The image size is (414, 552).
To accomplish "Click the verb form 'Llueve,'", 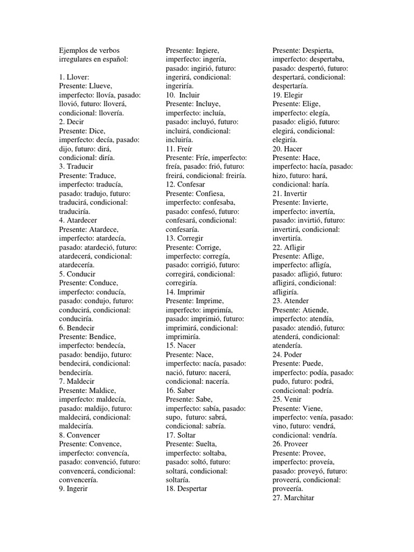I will [x=101, y=86].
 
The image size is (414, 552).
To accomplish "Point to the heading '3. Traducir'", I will [x=77, y=167].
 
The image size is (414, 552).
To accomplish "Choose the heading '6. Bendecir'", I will [x=77, y=328].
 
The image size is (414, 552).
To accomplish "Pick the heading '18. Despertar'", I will [x=187, y=489].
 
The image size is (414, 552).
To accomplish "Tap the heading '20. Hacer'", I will [x=287, y=149].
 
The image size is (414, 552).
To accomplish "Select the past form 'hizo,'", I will [x=281, y=176].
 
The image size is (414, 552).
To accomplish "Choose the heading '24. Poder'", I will [x=287, y=355].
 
